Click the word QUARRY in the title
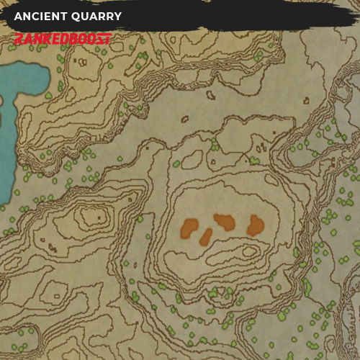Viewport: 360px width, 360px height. (98, 17)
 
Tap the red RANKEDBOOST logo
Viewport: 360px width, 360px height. (63, 39)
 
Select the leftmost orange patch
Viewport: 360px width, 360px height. (190, 228)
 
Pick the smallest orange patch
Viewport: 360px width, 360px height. (206, 236)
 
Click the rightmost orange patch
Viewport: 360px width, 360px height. (255, 226)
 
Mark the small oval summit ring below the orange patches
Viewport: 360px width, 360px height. (249, 252)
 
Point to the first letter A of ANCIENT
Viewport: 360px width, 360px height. (18, 17)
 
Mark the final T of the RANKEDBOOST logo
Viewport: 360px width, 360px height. (107, 39)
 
